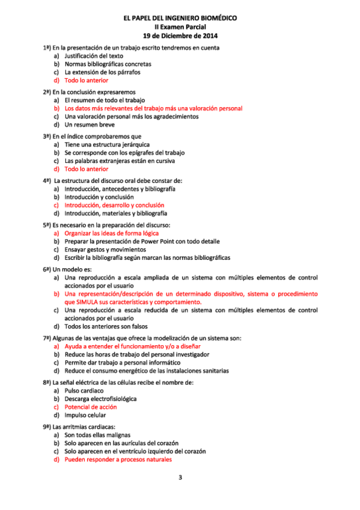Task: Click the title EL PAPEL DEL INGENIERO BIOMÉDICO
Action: point(180,19)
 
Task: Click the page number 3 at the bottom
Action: point(180,478)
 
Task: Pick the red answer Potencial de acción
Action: point(91,407)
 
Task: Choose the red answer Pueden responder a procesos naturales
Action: point(118,459)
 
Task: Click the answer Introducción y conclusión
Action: point(99,197)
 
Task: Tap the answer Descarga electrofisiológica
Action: point(100,398)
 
